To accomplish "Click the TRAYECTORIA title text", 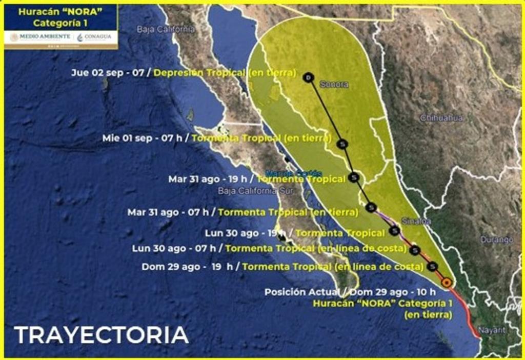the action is coord(101,335).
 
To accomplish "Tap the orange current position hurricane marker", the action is coord(447,282).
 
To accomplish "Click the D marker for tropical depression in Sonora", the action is coord(308,77).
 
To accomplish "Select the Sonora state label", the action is coord(334,84).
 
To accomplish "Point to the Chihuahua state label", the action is coord(441,118).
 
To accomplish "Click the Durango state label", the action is coord(497,239).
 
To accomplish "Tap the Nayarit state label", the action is coord(492,330).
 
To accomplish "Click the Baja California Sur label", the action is coord(247,191).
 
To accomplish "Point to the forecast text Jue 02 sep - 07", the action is coord(108,73).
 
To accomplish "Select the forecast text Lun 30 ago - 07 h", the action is coord(174,248).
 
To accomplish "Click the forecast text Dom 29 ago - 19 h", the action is coord(187,267).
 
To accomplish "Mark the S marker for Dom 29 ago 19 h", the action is coord(433,267).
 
